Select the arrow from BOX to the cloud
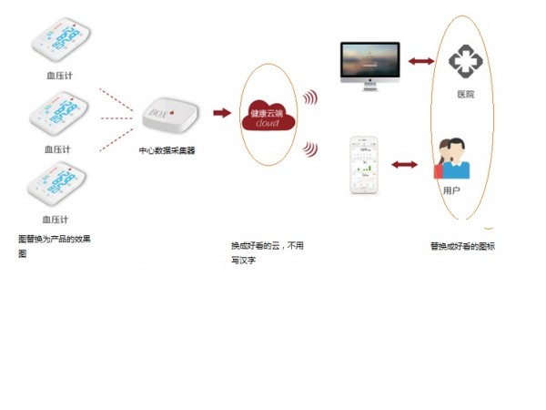click(x=221, y=113)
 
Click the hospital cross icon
click(x=468, y=61)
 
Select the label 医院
click(x=466, y=95)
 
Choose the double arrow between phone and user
click(x=403, y=165)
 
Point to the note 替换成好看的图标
click(x=463, y=246)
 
